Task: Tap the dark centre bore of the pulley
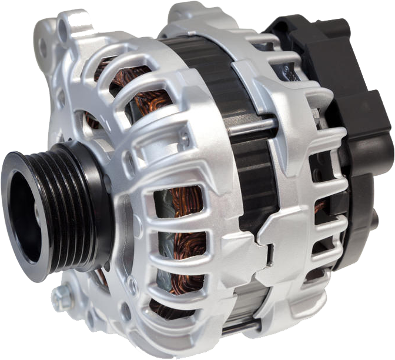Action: (25, 206)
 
